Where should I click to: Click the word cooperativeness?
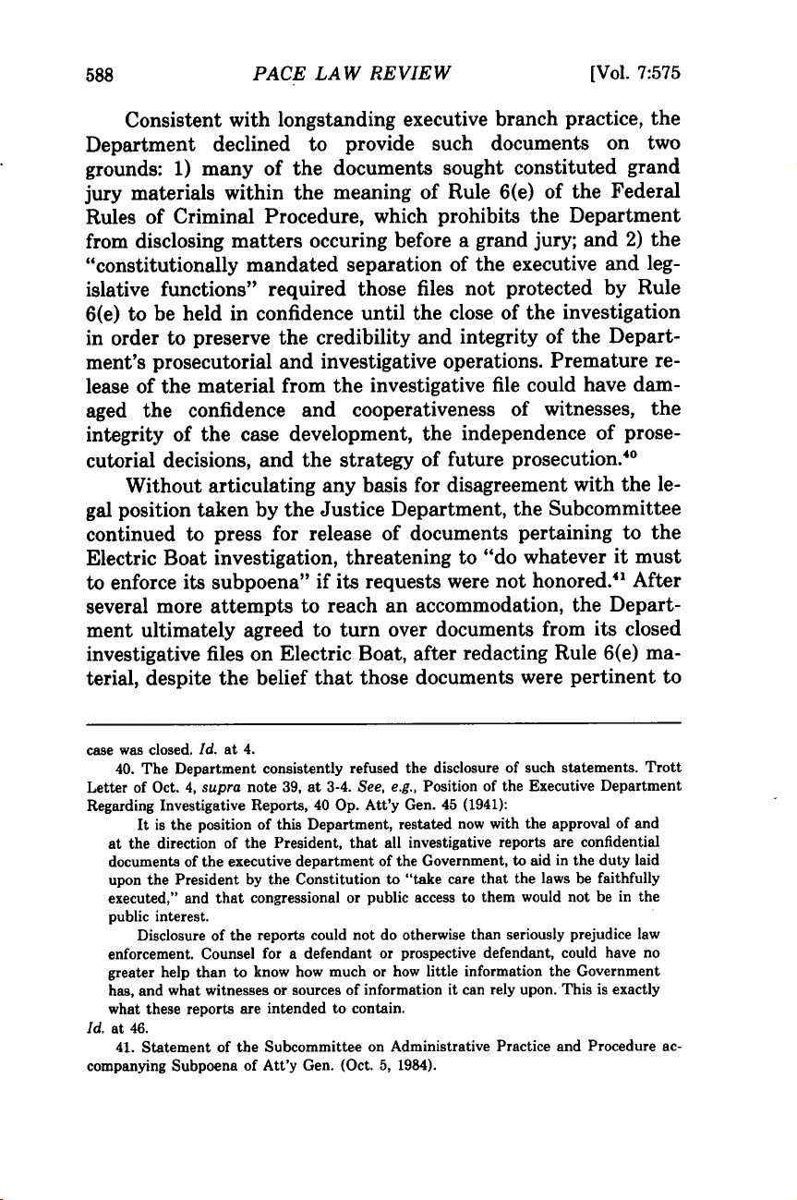[442, 383]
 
